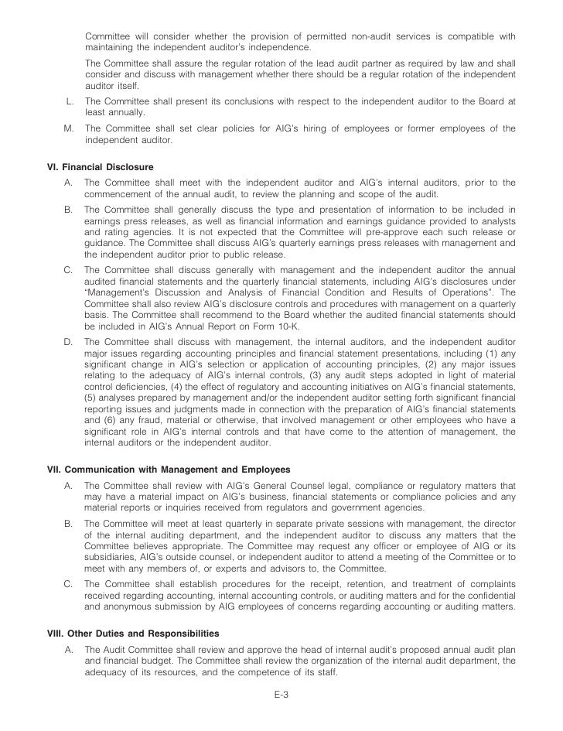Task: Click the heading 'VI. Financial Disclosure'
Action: (x=101, y=167)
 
